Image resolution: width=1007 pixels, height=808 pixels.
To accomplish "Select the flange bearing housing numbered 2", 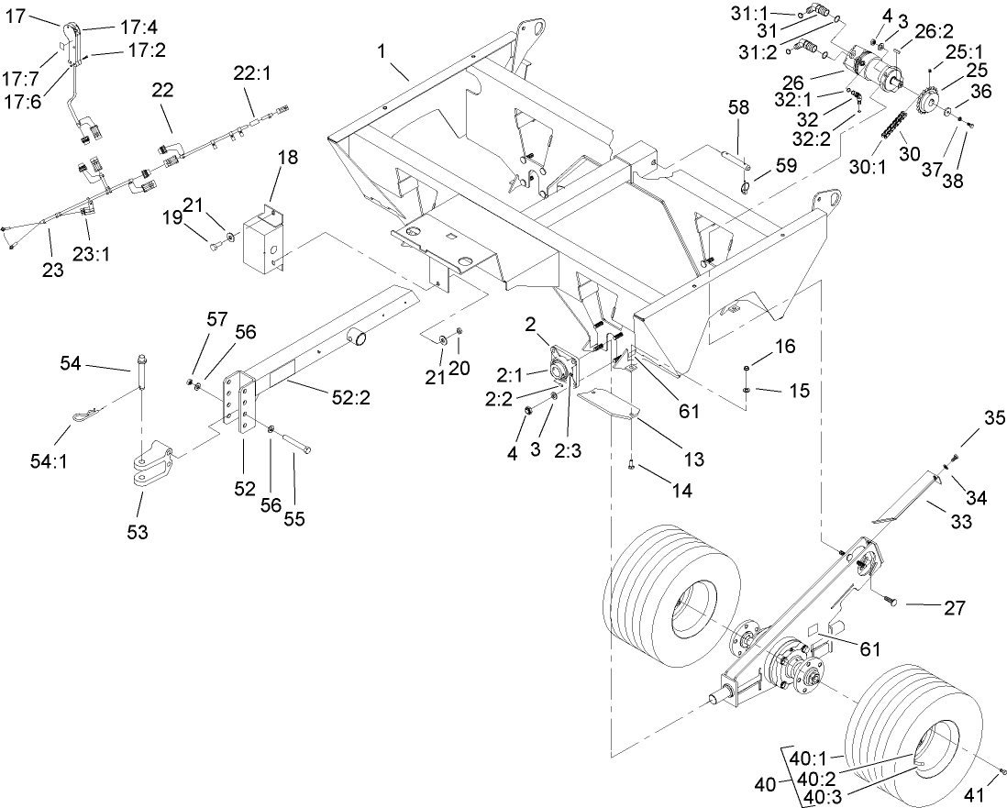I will click(x=556, y=372).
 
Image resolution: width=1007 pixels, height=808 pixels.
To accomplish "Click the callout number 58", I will click(x=738, y=108).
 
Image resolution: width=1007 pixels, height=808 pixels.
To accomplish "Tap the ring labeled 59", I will click(x=744, y=189).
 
